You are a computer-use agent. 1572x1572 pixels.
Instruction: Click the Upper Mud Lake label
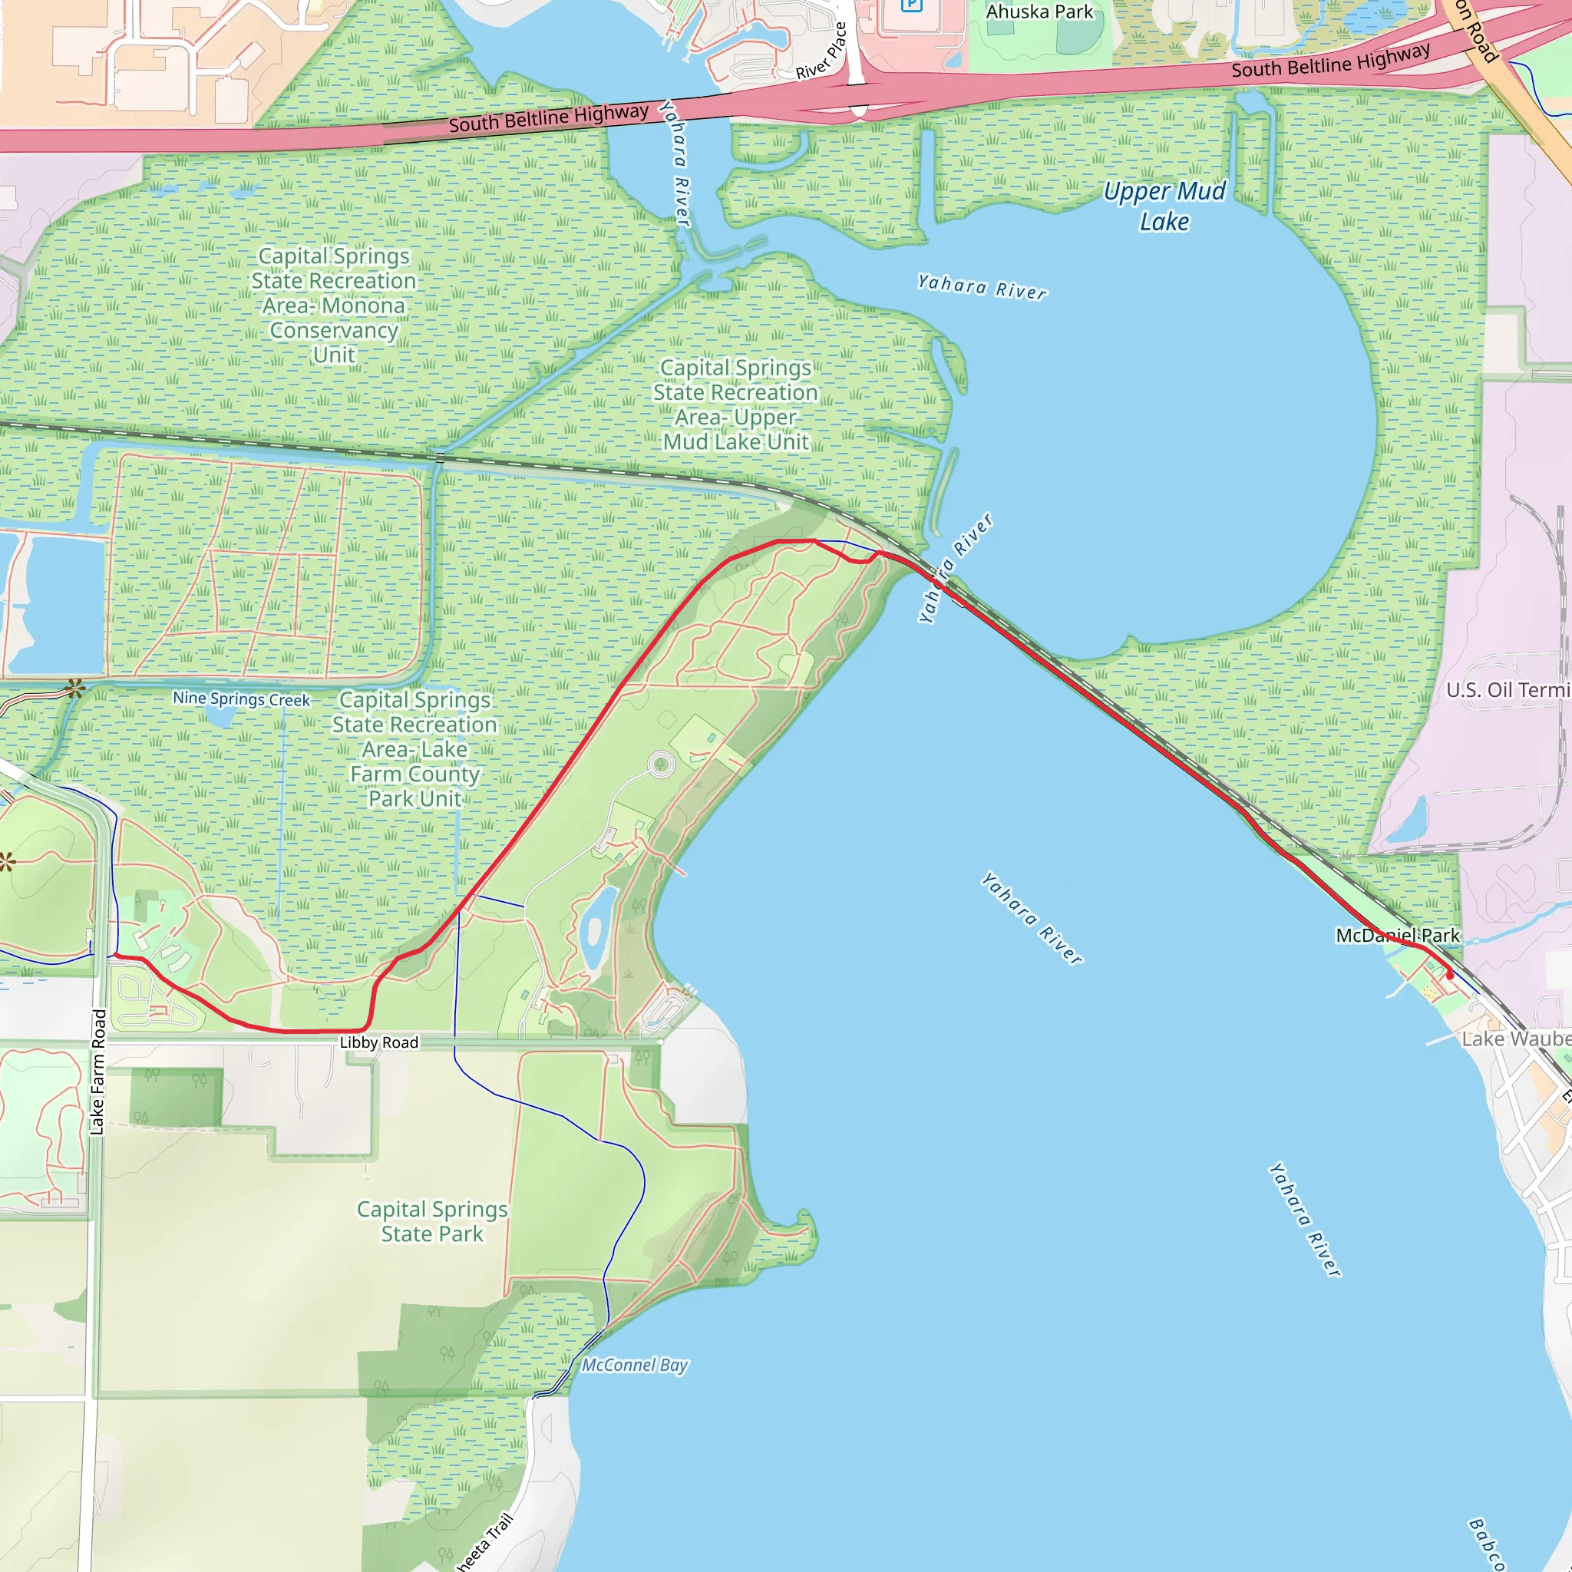pos(1164,206)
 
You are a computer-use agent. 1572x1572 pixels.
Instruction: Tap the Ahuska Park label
pos(1039,12)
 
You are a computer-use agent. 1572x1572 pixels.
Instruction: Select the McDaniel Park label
pos(1397,935)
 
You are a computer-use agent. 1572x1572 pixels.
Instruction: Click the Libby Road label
pos(378,1042)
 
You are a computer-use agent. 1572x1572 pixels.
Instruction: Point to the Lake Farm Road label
pos(98,1072)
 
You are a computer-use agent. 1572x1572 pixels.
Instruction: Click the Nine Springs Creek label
pos(241,699)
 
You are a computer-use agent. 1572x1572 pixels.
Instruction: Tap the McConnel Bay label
pos(635,1366)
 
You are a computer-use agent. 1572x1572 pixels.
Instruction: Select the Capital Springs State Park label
pos(432,1221)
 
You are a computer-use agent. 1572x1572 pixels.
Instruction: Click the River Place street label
pos(822,51)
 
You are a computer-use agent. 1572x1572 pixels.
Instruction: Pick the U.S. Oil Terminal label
pos(1508,690)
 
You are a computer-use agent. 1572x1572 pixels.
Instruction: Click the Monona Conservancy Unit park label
pos(334,305)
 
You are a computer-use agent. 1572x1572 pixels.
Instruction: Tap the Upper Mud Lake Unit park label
pos(735,405)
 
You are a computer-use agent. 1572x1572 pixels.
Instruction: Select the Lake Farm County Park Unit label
pos(415,748)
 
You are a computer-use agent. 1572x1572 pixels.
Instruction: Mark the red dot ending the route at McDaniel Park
pos(1449,974)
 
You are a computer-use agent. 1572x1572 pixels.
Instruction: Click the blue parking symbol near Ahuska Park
pos(911,5)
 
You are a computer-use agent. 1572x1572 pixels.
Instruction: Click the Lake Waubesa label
pos(1516,1039)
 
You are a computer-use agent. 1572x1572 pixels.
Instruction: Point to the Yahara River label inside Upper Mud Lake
pos(982,287)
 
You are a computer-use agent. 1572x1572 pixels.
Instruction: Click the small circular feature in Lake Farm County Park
pos(662,764)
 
